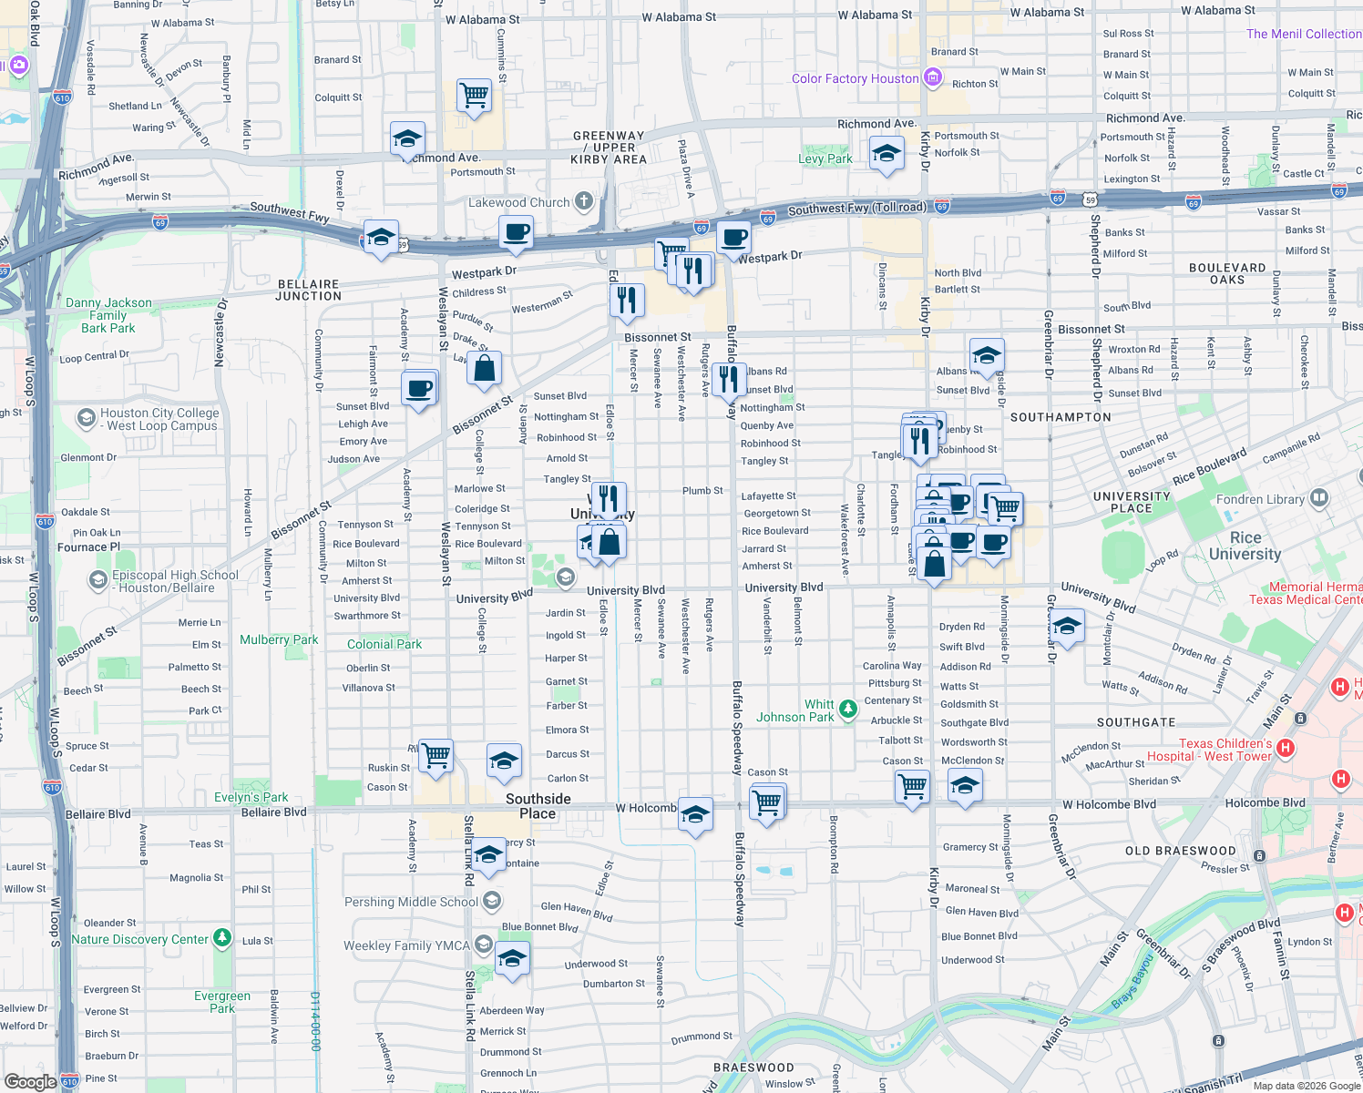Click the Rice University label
click(1245, 546)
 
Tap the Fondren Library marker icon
click(1318, 498)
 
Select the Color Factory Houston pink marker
click(932, 78)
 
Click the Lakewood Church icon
click(584, 201)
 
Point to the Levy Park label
click(825, 158)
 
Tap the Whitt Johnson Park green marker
click(848, 709)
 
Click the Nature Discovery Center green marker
click(222, 938)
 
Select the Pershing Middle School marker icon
click(492, 902)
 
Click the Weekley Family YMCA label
click(406, 945)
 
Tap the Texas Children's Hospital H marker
click(1286, 749)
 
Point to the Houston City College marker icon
click(86, 418)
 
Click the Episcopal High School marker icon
click(97, 580)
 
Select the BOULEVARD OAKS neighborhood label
click(1226, 273)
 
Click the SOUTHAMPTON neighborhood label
click(1061, 417)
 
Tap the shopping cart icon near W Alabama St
click(474, 95)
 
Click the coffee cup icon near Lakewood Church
click(516, 232)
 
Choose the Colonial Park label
click(384, 644)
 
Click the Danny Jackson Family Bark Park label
click(108, 315)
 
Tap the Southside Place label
click(538, 806)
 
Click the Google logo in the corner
click(30, 1081)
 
